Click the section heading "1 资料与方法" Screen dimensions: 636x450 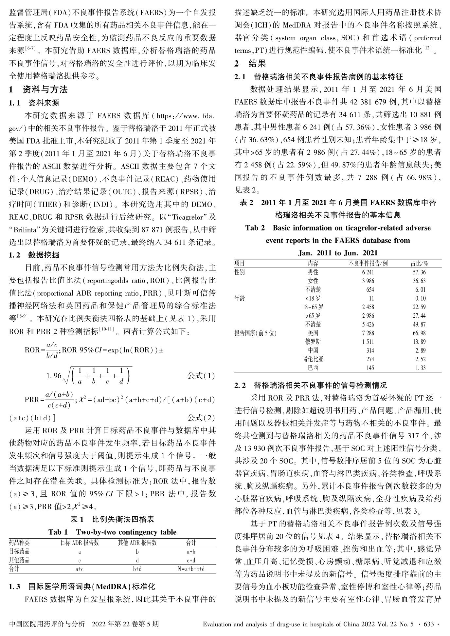tap(38, 89)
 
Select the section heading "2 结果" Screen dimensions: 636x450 tap(250, 63)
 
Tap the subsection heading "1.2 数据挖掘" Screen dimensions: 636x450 tap(34, 255)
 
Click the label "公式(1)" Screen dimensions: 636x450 tap(201, 375)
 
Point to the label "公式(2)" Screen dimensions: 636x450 tap(201, 417)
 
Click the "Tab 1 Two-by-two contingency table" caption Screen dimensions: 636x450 tap(112, 532)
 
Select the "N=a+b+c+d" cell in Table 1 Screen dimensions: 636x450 tap(191, 568)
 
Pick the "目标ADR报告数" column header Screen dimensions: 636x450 tap(80, 543)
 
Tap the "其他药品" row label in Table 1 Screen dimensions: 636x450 tap(19, 560)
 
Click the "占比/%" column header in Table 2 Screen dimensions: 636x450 tap(420, 263)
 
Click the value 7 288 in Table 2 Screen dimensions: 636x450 tap(368, 333)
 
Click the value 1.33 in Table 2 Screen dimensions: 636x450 tap(421, 368)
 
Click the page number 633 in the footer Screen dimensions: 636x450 tap(428, 624)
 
